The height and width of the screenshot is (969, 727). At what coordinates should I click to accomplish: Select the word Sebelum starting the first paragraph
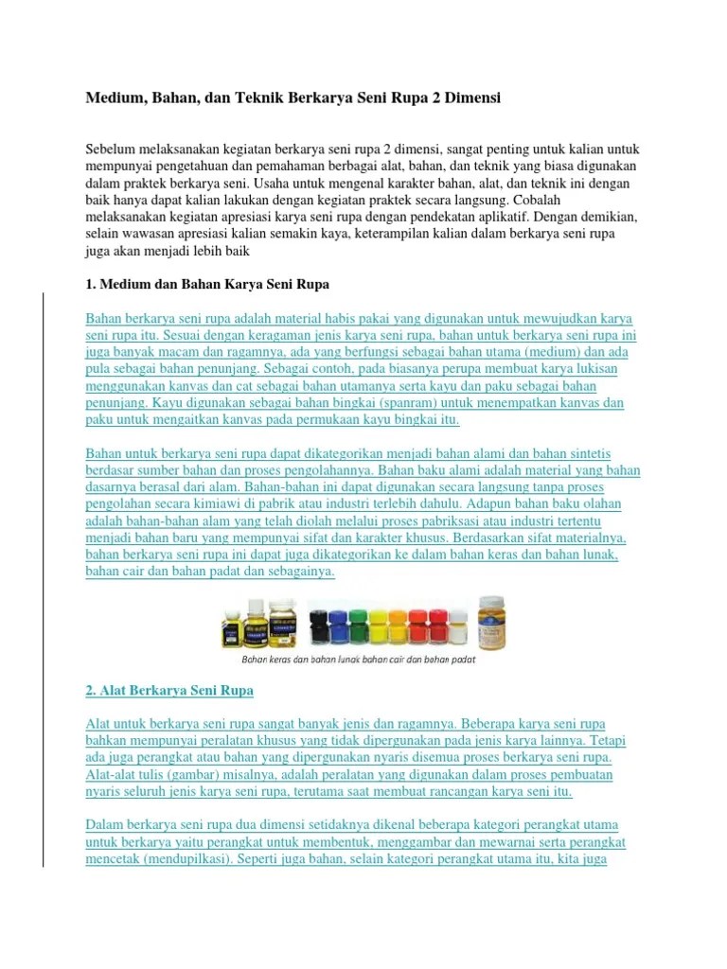click(x=111, y=150)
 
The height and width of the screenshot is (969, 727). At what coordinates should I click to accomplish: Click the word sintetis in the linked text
click(x=615, y=453)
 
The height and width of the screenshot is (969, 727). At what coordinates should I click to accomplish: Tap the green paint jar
click(x=361, y=625)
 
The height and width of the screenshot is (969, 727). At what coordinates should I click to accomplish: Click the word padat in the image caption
click(x=461, y=660)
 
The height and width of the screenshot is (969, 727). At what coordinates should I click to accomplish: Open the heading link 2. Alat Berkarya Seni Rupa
click(x=169, y=691)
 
